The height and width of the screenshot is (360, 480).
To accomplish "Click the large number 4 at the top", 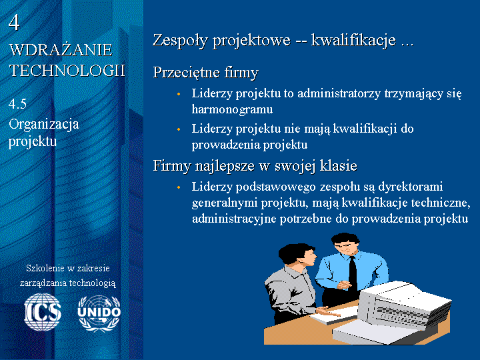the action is pyautogui.click(x=14, y=23).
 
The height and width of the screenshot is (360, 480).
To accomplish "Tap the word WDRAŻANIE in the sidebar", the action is pyautogui.click(x=61, y=50).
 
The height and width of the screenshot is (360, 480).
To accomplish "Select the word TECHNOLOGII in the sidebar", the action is pyautogui.click(x=67, y=71).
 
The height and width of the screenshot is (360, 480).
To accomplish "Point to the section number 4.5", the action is pyautogui.click(x=17, y=104).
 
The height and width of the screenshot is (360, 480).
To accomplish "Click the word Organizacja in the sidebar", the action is pyautogui.click(x=44, y=124).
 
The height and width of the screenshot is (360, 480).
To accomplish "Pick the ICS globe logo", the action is pyautogui.click(x=43, y=312).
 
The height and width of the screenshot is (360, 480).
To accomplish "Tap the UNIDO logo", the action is pyautogui.click(x=99, y=313).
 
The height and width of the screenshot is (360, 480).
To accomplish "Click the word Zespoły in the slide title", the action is pyautogui.click(x=180, y=40).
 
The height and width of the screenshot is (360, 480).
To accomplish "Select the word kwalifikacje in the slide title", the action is pyautogui.click(x=353, y=40).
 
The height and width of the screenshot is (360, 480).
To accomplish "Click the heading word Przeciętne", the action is pyautogui.click(x=187, y=73).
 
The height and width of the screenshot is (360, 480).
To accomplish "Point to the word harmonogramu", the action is pyautogui.click(x=232, y=109).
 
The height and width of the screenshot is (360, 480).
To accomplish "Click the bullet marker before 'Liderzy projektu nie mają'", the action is pyautogui.click(x=179, y=129).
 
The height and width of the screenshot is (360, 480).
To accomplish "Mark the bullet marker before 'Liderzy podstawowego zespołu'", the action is pyautogui.click(x=179, y=187).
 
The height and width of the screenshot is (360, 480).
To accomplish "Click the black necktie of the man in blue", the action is pyautogui.click(x=353, y=274).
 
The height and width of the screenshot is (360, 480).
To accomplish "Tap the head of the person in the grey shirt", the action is pyautogui.click(x=296, y=255).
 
